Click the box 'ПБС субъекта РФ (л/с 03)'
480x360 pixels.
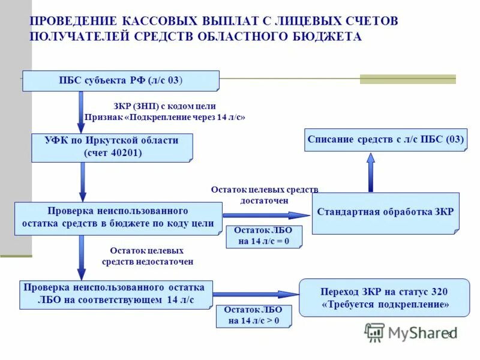tap(121, 80)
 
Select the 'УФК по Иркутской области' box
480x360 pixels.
tap(112, 147)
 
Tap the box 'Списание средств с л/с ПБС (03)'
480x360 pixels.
tap(386, 140)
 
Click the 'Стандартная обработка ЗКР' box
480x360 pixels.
tap(385, 212)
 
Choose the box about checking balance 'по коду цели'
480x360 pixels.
tap(118, 218)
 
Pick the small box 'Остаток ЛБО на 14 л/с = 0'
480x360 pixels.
tap(263, 236)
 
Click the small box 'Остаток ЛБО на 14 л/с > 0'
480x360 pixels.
tap(253, 316)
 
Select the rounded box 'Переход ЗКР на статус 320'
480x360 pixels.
tap(385, 298)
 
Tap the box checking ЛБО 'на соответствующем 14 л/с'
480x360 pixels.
tap(116, 293)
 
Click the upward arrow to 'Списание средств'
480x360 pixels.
tap(371, 173)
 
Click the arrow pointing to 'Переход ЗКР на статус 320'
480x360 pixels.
tap(255, 294)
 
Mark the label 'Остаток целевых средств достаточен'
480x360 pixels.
tap(265, 195)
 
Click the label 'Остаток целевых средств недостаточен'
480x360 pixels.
tap(146, 256)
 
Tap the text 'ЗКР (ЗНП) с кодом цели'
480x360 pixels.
tap(164, 106)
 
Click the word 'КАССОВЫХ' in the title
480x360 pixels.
tap(172, 21)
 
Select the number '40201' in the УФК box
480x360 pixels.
tap(127, 152)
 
